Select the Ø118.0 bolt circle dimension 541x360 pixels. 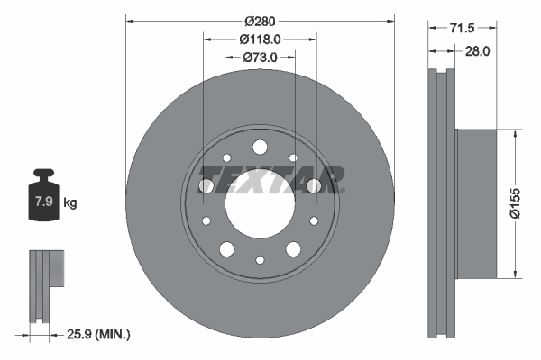(x=260, y=39)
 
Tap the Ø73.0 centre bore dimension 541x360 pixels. (x=260, y=58)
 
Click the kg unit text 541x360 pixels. (x=70, y=203)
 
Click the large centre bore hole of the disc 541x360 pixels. (x=260, y=203)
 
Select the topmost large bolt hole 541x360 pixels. (x=260, y=148)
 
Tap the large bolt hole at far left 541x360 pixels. (x=206, y=186)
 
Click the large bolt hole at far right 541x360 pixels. (x=314, y=186)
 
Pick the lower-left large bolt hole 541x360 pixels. (x=226, y=249)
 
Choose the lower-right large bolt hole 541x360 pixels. (x=293, y=249)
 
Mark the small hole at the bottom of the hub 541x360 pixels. (x=260, y=260)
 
